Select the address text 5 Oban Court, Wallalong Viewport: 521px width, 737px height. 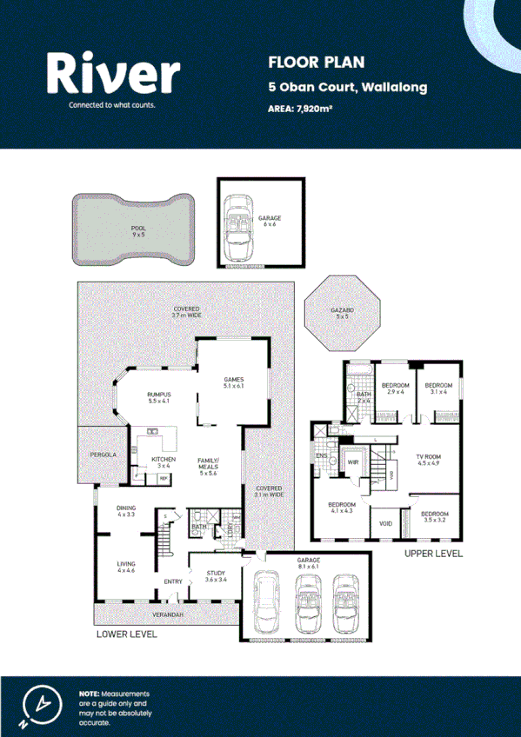coord(347,88)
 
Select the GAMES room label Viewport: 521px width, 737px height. coord(233,380)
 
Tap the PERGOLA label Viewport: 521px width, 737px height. coord(103,455)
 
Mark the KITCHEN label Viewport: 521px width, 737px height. coord(164,459)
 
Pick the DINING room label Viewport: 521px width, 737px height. coord(126,509)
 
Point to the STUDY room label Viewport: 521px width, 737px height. coord(216,573)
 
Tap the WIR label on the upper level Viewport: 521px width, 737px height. coord(353,461)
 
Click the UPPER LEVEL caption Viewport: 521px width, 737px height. coord(433,554)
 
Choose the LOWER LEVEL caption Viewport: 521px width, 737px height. coord(127,635)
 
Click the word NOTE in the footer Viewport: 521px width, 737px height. coord(89,693)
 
